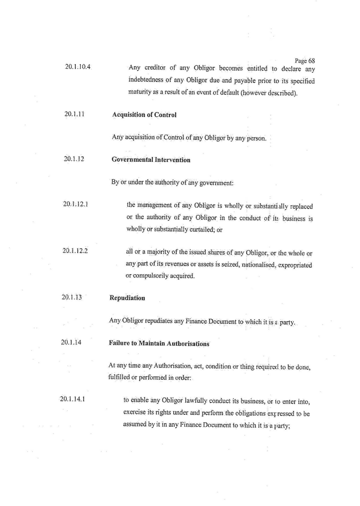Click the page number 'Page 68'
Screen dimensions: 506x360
tap(305, 61)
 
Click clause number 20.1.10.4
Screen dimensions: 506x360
tap(78, 67)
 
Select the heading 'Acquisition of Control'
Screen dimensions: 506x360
tap(144, 115)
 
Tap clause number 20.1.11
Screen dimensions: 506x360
tap(74, 114)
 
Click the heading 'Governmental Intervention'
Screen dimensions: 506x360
tap(151, 160)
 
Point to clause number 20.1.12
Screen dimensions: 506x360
tap(74, 159)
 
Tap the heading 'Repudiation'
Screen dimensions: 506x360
tap(127, 298)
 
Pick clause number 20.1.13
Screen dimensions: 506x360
tap(72, 297)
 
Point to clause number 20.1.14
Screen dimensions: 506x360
tap(72, 343)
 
